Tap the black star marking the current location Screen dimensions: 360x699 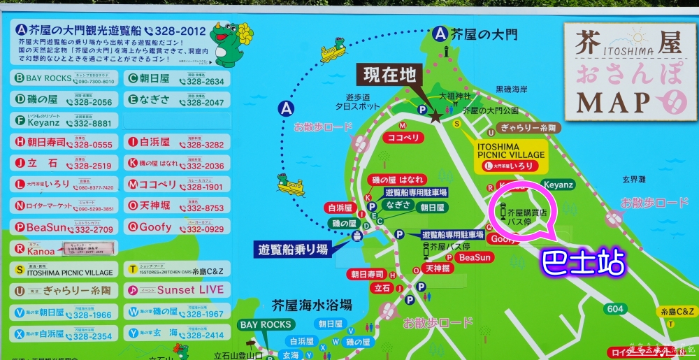coord(435,117)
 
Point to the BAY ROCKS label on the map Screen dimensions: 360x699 coord(265,325)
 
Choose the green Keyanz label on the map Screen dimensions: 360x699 coord(557,185)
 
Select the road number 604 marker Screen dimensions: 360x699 coord(615,308)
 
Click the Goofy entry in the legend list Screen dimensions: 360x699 coord(177,227)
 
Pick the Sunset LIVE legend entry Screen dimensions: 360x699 coord(177,289)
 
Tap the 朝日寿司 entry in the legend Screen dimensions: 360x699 coord(62,143)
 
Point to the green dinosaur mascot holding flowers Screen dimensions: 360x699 coord(231,43)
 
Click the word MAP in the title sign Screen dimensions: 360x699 coord(614,102)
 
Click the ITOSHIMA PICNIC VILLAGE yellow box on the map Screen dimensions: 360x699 coord(511,154)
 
